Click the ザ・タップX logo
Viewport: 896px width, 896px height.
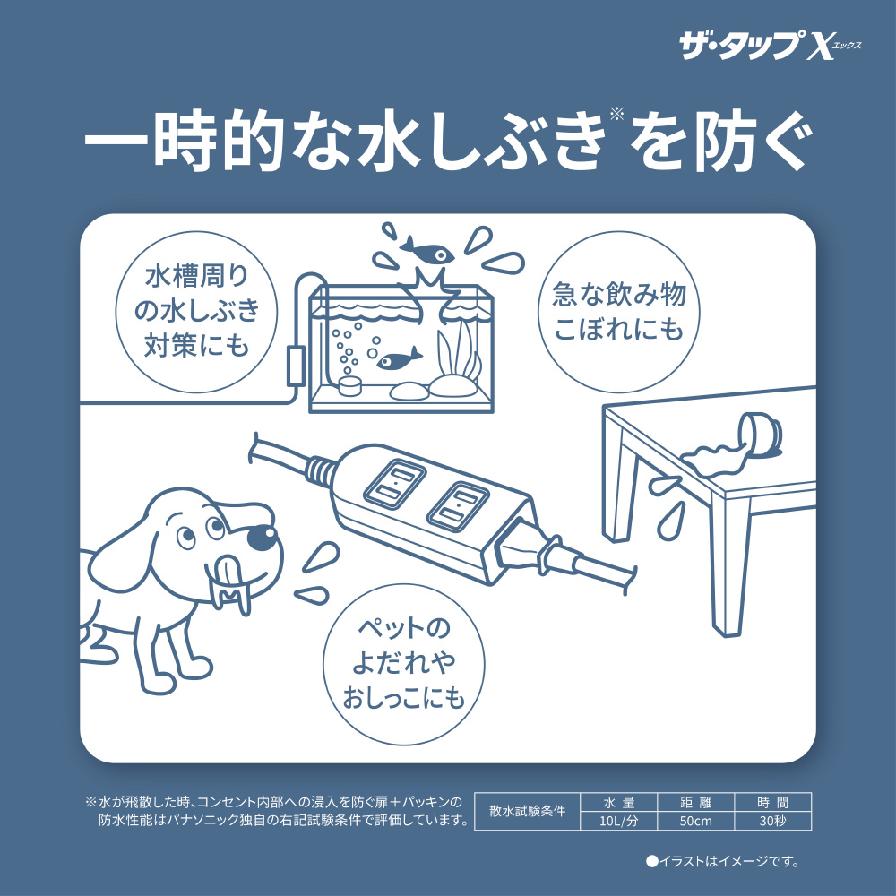[x=770, y=45]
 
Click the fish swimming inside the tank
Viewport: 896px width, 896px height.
[x=399, y=358]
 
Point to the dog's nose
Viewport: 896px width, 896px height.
[x=262, y=537]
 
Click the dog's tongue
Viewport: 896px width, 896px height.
[x=230, y=573]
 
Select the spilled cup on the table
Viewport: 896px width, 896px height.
[x=760, y=435]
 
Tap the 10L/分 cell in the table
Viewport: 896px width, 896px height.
[x=618, y=821]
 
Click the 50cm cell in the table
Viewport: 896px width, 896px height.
[x=695, y=821]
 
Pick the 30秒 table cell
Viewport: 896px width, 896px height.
[x=772, y=821]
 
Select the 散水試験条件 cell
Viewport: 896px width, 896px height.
[x=527, y=812]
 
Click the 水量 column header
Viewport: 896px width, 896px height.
[x=618, y=802]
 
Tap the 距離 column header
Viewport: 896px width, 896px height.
[x=695, y=802]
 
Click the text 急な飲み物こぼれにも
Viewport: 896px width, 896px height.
[x=619, y=312]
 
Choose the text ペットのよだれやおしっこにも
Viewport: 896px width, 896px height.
[x=403, y=662]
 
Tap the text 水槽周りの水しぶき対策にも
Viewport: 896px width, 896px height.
[x=196, y=311]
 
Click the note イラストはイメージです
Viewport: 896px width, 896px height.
[x=722, y=861]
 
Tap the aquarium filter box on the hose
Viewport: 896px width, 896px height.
[x=296, y=365]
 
